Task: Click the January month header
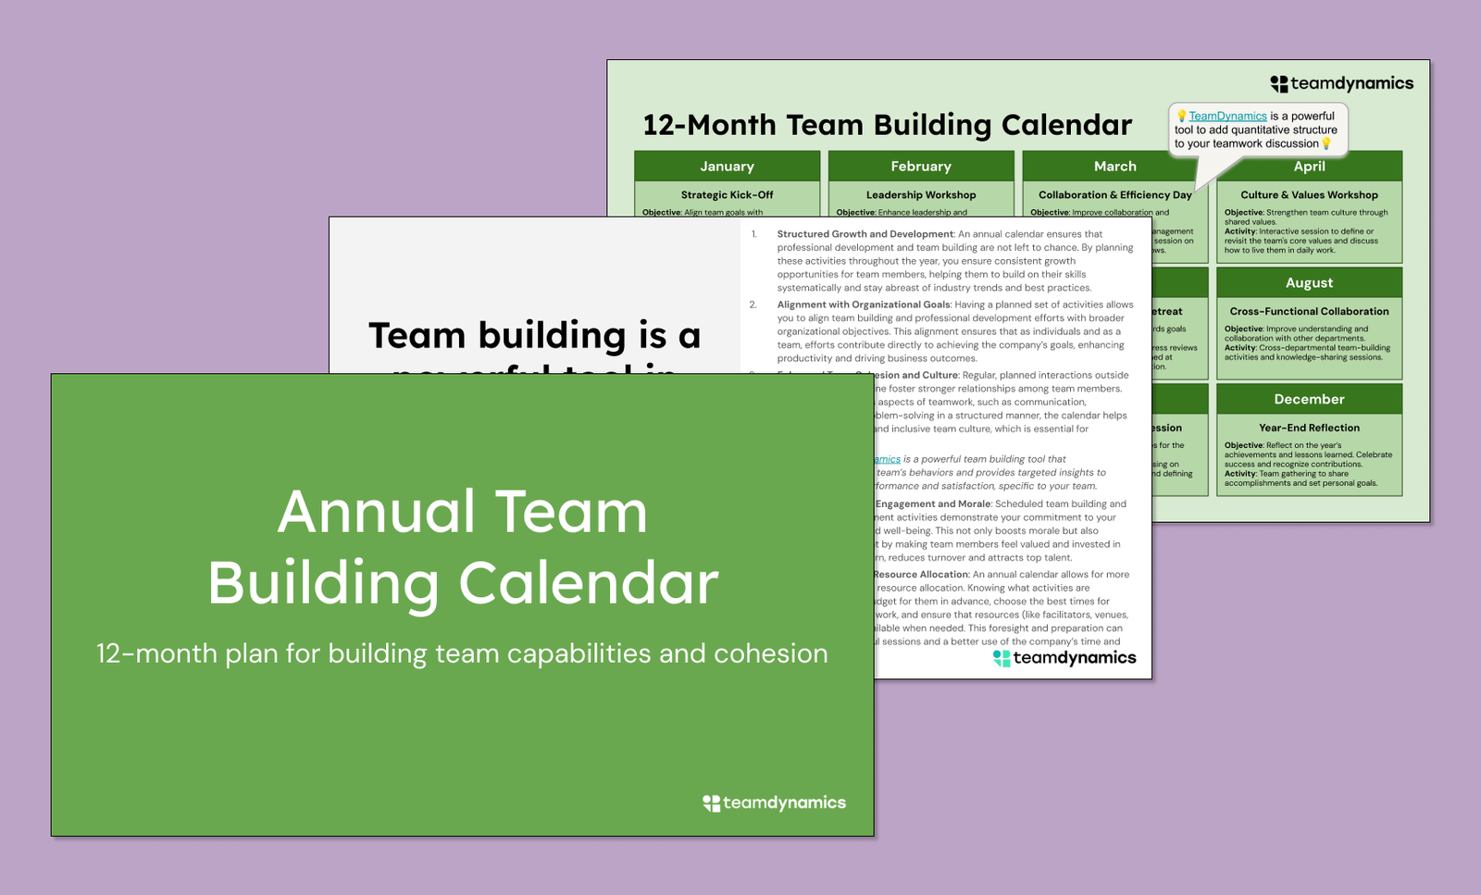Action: [x=727, y=167]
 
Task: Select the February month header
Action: [x=920, y=167]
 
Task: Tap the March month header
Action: [x=1114, y=167]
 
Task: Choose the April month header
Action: [x=1309, y=168]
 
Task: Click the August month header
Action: [x=1309, y=283]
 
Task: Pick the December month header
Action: [x=1309, y=400]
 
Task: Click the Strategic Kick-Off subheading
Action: [x=727, y=195]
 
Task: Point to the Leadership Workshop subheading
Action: [x=920, y=195]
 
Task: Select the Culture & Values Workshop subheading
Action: [x=1309, y=195]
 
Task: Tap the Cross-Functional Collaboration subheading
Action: [x=1309, y=312]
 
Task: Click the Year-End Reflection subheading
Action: [x=1309, y=429]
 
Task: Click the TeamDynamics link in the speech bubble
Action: [x=1227, y=117]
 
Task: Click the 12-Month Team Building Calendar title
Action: [x=887, y=125]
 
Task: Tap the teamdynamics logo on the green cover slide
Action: [x=775, y=803]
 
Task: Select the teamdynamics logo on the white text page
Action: [x=1064, y=658]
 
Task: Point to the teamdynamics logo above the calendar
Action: [x=1341, y=84]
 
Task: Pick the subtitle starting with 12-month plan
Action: [x=462, y=654]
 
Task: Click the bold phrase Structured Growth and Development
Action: [x=865, y=234]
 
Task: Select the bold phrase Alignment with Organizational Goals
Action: [x=863, y=305]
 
